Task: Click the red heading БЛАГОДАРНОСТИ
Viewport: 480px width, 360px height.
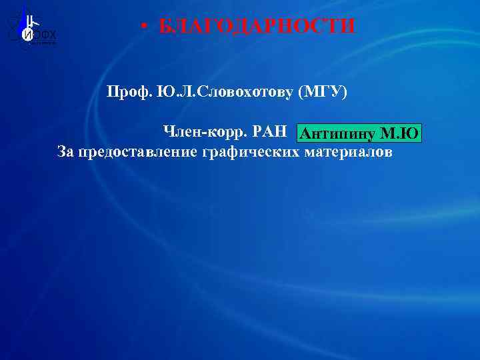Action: pos(257,27)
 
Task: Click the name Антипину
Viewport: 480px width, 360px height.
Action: pos(337,135)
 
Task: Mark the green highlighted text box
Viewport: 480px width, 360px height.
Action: pos(359,134)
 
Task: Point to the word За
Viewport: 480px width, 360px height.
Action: pos(66,152)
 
